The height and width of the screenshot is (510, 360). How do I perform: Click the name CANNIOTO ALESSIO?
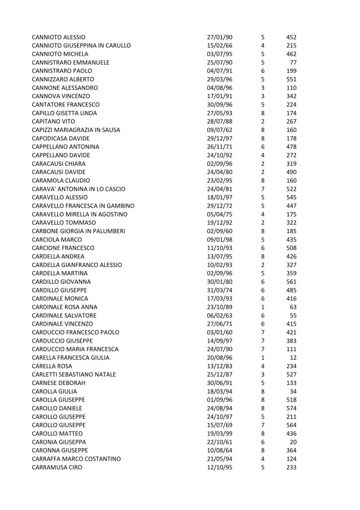point(58,37)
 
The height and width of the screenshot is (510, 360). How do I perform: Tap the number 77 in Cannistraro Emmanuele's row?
point(293,63)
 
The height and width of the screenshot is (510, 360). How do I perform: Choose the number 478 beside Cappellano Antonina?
point(290,147)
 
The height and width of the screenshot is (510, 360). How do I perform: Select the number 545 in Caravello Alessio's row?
point(290,198)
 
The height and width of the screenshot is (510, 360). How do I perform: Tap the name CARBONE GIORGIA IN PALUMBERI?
point(78,231)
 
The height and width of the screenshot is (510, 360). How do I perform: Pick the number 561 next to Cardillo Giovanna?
point(290,282)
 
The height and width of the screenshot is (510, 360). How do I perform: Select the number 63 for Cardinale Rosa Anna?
point(293,307)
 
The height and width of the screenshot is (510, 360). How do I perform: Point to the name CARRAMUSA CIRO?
point(57,468)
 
